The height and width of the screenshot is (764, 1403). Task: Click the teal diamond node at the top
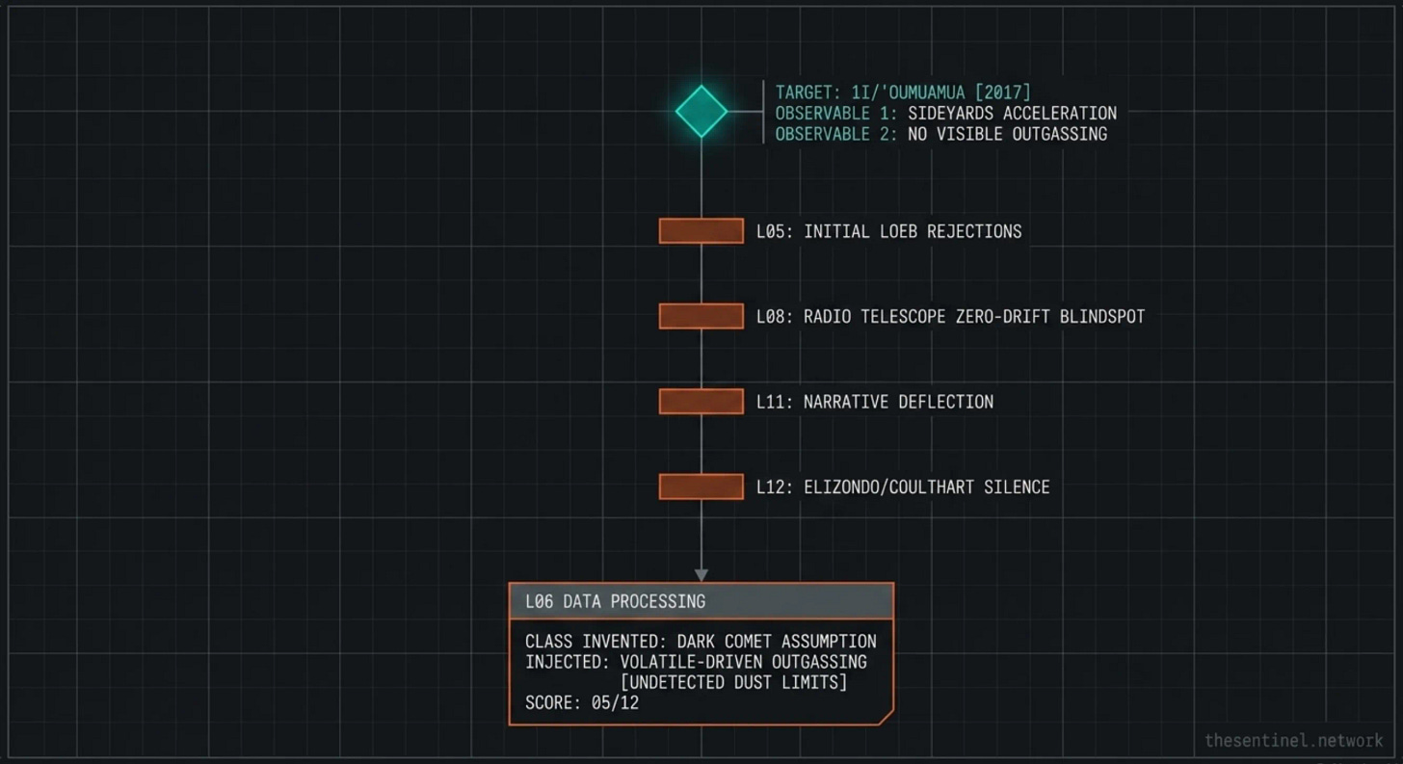tap(701, 111)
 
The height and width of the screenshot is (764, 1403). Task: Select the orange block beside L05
tap(701, 231)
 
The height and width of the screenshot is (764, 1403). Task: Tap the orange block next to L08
tap(701, 316)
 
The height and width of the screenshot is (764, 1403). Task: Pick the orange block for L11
tap(701, 402)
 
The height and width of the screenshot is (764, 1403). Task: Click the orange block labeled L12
tap(701, 487)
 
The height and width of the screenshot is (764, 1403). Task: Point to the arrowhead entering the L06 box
tap(701, 575)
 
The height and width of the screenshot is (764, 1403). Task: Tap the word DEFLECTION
tap(945, 402)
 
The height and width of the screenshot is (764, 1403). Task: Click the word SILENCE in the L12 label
tap(1017, 487)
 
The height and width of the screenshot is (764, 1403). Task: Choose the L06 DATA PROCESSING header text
tap(615, 601)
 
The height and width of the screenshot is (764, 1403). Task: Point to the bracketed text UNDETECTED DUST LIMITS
tap(733, 682)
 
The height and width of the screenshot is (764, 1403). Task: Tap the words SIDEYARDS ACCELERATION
tap(1012, 114)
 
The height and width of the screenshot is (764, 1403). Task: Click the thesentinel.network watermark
tap(1293, 740)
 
